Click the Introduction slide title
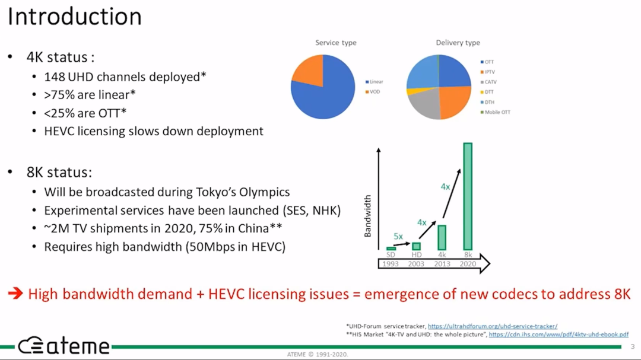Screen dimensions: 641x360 (x=74, y=17)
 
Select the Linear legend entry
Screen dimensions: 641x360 (x=374, y=82)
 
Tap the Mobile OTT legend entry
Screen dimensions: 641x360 (x=496, y=112)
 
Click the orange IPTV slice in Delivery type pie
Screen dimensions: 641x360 (x=454, y=101)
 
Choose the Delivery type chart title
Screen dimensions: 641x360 (x=458, y=43)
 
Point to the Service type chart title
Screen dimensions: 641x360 (x=335, y=43)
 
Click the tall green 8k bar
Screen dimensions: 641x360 (x=468, y=196)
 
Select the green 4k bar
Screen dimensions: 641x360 (x=442, y=237)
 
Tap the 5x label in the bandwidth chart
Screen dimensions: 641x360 (x=398, y=236)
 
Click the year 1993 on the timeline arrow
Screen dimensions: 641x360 (x=391, y=264)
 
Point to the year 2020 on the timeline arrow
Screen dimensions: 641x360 (x=468, y=264)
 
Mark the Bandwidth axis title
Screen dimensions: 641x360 (x=367, y=216)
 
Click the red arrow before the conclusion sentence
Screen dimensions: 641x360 (x=15, y=293)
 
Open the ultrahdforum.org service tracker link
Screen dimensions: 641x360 (x=492, y=326)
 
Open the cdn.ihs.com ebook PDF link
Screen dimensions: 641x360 (x=559, y=334)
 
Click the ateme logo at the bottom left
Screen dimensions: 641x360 (x=64, y=346)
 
